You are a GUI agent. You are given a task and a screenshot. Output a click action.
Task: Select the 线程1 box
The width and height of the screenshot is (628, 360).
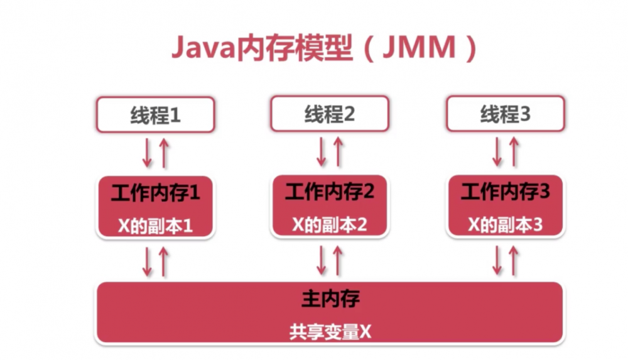tap(155, 114)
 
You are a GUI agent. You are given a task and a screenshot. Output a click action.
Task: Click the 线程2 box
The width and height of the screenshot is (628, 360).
tap(330, 114)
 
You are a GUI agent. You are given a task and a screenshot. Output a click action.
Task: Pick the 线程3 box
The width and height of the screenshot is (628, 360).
tap(506, 114)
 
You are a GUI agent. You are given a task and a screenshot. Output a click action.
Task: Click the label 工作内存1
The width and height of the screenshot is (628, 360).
tap(155, 193)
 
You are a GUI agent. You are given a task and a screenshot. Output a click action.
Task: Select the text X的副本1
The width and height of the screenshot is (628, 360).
tap(155, 226)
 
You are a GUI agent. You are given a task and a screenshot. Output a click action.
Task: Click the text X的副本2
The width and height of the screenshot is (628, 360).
tap(330, 225)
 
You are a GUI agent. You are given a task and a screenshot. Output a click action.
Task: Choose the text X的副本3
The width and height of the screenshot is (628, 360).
tap(506, 225)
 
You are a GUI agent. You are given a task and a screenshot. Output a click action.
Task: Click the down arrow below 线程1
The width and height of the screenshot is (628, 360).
tap(147, 153)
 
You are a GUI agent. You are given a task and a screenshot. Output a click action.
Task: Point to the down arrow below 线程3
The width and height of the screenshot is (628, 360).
tap(497, 153)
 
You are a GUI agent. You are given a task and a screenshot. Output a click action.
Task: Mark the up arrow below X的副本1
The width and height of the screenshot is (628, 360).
tap(164, 261)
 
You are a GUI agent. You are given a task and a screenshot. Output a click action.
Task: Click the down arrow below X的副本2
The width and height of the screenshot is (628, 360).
tap(322, 261)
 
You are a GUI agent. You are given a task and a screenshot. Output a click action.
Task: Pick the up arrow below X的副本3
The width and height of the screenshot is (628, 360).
tap(514, 261)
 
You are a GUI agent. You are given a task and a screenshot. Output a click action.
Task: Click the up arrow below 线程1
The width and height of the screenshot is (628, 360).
tap(164, 153)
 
